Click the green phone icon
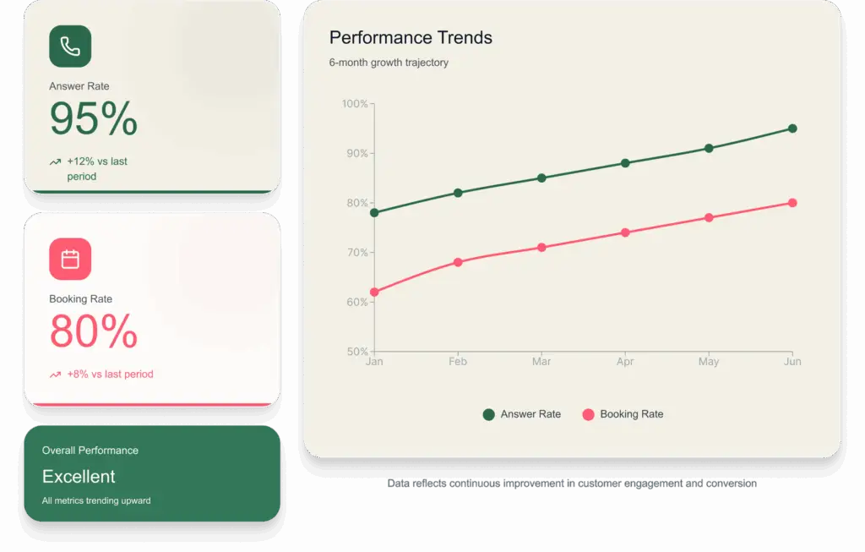click(70, 46)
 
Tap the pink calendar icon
click(70, 259)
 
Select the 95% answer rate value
click(93, 118)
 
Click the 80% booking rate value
click(93, 331)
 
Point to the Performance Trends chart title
click(411, 37)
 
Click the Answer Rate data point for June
click(792, 128)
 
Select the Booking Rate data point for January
click(374, 292)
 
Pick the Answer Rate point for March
click(541, 178)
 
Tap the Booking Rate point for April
click(625, 232)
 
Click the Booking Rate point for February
click(458, 262)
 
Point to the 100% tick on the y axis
click(355, 104)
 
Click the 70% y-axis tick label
click(357, 253)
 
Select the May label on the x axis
click(709, 362)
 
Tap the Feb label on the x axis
click(458, 362)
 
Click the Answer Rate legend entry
click(522, 414)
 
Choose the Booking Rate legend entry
click(623, 414)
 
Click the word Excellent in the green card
click(79, 477)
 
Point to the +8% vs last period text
click(111, 374)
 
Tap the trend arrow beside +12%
click(55, 161)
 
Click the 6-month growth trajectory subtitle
click(389, 63)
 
